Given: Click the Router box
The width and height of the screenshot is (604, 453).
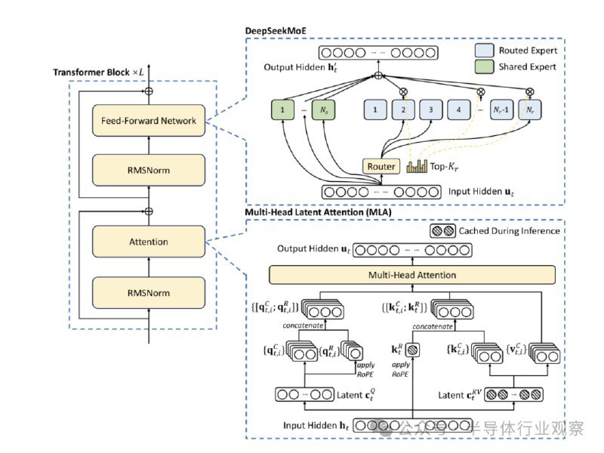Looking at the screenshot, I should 381,166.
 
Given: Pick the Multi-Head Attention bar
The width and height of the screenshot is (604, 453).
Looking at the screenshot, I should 412,276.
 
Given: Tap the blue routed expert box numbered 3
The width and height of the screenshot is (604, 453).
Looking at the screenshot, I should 431,111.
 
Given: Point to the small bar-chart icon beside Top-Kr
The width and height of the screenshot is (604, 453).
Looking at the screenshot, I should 418,165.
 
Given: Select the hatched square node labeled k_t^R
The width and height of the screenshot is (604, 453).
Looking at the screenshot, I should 413,350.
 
